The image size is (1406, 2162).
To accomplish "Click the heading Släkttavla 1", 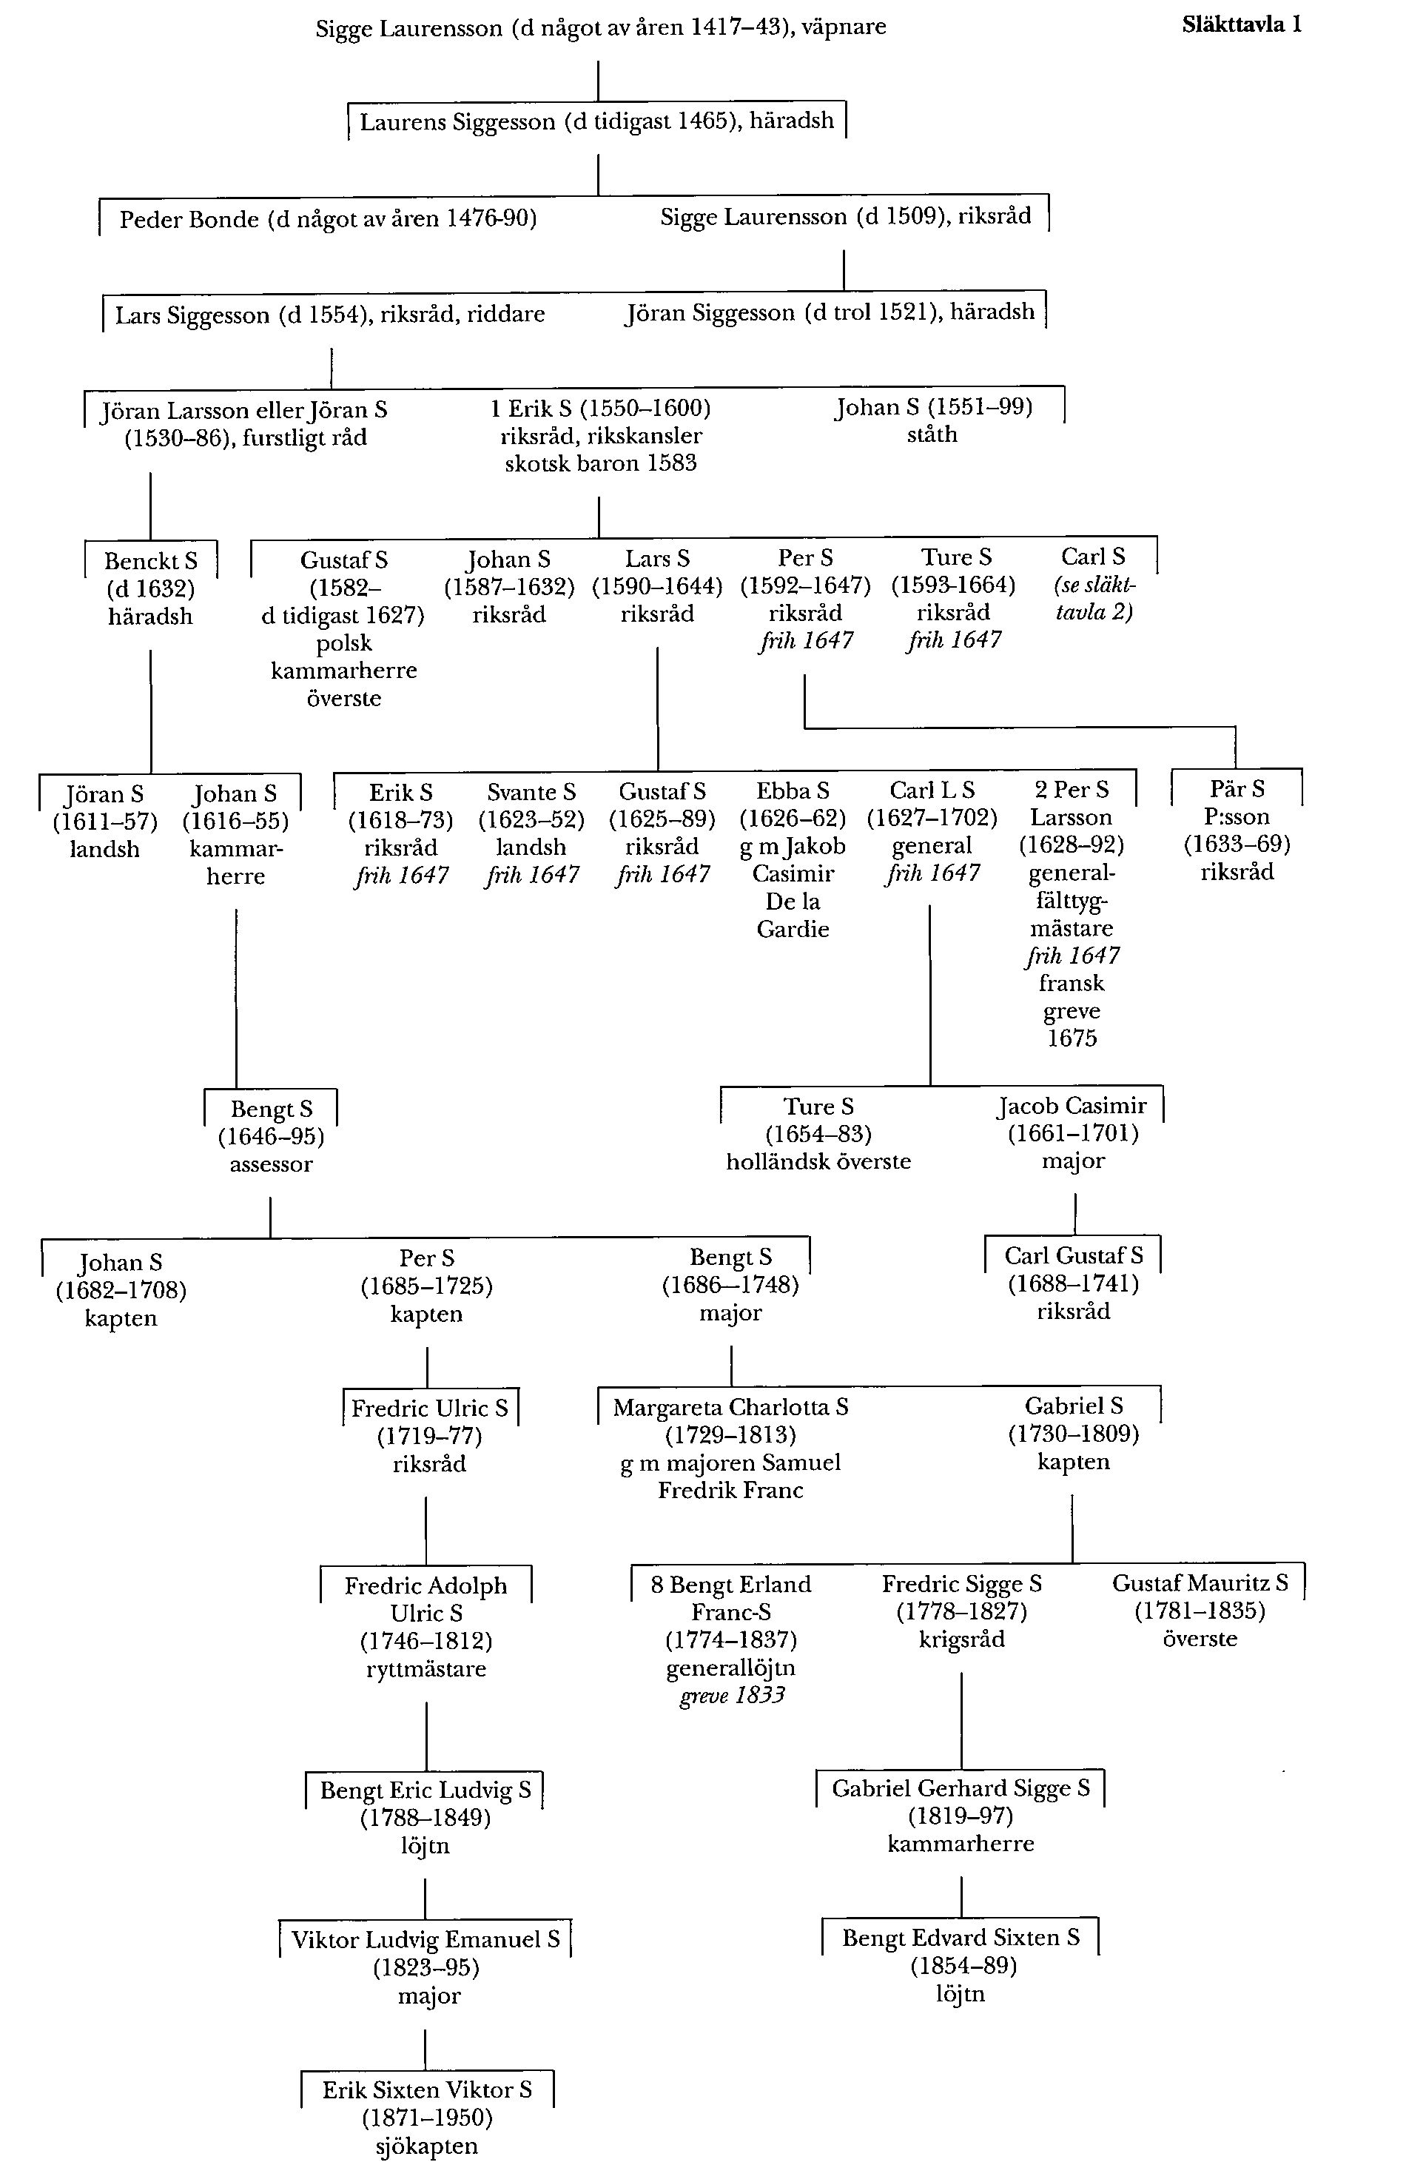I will (x=1241, y=24).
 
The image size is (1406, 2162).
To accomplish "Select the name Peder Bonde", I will (x=189, y=220).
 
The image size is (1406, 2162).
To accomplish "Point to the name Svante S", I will (x=531, y=792).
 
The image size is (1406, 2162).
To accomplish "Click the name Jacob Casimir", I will (x=1072, y=1106).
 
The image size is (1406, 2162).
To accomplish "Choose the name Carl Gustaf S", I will (x=1073, y=1255).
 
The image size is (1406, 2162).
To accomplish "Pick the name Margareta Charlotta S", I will (x=730, y=1407).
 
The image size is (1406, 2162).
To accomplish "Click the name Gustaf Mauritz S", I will (x=1200, y=1582).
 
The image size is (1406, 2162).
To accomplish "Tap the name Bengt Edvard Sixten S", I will (x=960, y=1938).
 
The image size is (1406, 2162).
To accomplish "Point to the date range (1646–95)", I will (x=271, y=1136).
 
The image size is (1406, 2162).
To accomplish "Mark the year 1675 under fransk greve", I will (x=1072, y=1038).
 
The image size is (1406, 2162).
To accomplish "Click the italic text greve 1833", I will (x=731, y=1695).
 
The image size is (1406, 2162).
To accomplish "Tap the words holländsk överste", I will (x=818, y=1162).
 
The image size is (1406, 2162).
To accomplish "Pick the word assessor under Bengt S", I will (x=271, y=1164).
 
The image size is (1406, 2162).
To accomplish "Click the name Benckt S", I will (x=150, y=560).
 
